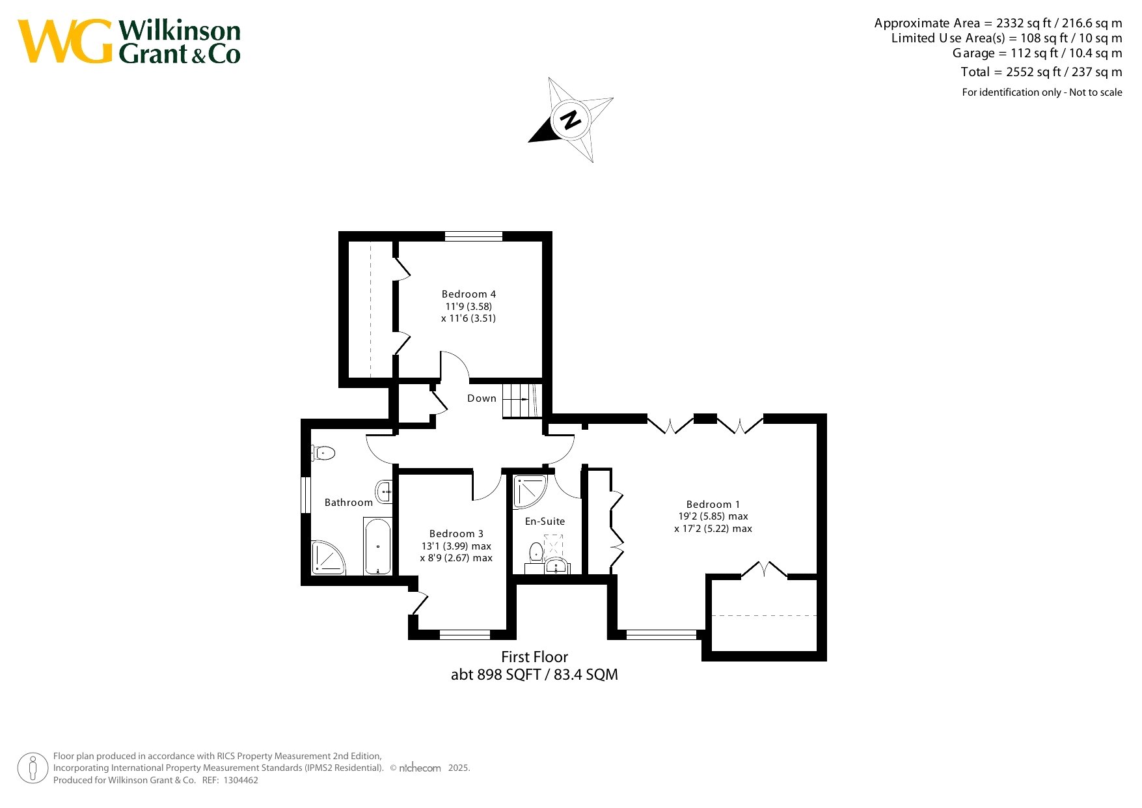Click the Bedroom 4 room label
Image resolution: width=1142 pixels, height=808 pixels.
click(469, 294)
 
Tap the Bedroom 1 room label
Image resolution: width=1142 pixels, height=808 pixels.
click(713, 505)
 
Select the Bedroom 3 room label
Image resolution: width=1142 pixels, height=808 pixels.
click(456, 534)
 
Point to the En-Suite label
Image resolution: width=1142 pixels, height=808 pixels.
click(545, 522)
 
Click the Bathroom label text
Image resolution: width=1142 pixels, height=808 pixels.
click(349, 503)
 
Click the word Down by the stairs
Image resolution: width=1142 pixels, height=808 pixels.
click(482, 398)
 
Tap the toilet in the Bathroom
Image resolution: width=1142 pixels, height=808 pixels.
click(323, 453)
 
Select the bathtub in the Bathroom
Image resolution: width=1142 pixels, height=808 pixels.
click(377, 546)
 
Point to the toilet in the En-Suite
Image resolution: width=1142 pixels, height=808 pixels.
click(536, 553)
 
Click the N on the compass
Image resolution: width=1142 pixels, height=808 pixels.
click(571, 120)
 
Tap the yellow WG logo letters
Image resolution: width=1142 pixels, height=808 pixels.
click(65, 42)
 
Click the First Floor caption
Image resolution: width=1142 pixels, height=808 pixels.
click(534, 657)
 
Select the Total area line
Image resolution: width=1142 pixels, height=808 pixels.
click(1041, 72)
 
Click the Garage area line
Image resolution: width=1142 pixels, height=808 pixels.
click(1037, 53)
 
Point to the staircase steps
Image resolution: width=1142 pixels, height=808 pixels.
click(521, 398)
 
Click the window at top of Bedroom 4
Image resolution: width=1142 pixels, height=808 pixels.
click(474, 236)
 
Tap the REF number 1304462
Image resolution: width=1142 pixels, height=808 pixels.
click(241, 780)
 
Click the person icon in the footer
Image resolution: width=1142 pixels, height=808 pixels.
click(33, 768)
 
